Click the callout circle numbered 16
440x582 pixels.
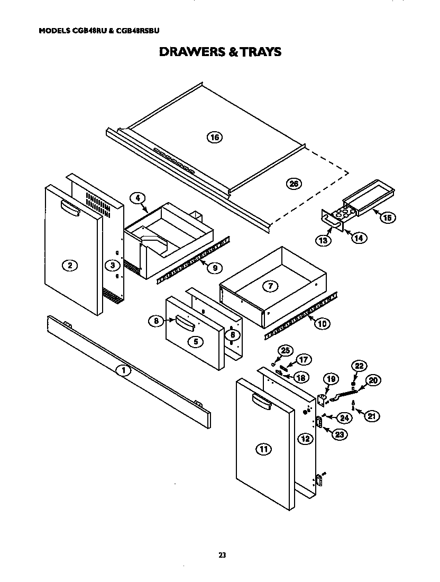pyautogui.click(x=214, y=138)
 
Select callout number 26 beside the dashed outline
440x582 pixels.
pyautogui.click(x=294, y=184)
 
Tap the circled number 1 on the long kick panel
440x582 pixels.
pyautogui.click(x=123, y=370)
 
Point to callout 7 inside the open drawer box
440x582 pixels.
pyautogui.click(x=270, y=286)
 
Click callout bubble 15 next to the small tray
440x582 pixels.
pyautogui.click(x=388, y=217)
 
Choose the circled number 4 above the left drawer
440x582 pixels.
pyautogui.click(x=137, y=198)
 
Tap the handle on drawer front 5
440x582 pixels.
pyautogui.click(x=185, y=321)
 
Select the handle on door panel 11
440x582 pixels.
pyautogui.click(x=262, y=401)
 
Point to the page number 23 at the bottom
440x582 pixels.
pyautogui.click(x=222, y=555)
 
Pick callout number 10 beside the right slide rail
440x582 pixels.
pyautogui.click(x=322, y=323)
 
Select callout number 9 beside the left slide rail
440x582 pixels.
pyautogui.click(x=214, y=268)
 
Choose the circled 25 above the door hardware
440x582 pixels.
pyautogui.click(x=286, y=350)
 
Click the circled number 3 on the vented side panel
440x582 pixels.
pyautogui.click(x=112, y=265)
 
